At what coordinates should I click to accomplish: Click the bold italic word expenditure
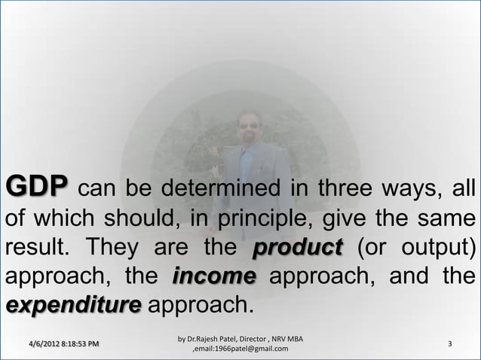click(x=74, y=309)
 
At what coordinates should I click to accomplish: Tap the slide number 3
click(x=449, y=344)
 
